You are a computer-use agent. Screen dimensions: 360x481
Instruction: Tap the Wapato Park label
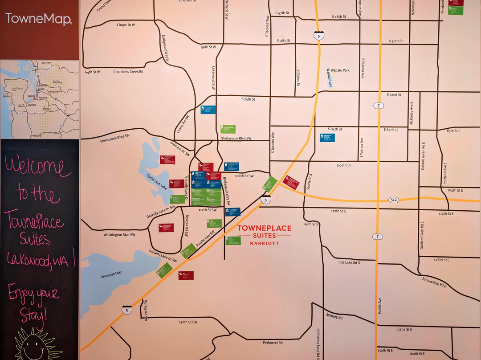340,70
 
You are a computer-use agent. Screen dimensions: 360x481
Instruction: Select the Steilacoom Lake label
156,182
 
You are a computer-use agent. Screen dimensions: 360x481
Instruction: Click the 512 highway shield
393,200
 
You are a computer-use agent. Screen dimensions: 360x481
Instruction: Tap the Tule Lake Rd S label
349,262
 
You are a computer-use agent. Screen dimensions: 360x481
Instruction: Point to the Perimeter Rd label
273,343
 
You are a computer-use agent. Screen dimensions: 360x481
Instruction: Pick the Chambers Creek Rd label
128,71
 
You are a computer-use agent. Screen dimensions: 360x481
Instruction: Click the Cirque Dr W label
126,25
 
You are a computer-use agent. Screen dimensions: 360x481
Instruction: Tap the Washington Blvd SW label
119,234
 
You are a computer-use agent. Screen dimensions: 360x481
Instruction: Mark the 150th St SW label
188,322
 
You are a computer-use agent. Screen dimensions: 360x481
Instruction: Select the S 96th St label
342,165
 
